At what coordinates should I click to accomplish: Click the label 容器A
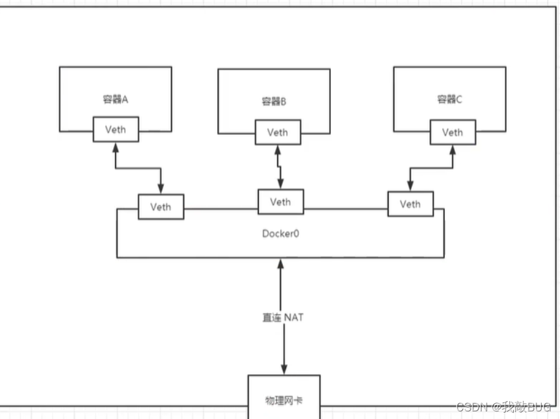coord(116,99)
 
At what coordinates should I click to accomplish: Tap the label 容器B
coord(274,101)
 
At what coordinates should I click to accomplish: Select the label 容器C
coord(450,99)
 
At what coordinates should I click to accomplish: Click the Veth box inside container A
coord(115,130)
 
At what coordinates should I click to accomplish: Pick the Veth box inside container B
coord(277,132)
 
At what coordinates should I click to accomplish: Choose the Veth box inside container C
coord(452,132)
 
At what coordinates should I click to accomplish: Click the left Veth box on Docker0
coord(161,206)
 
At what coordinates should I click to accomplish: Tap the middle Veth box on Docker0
coord(280,201)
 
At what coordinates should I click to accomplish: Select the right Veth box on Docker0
coord(410,204)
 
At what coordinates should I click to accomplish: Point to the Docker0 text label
coord(280,233)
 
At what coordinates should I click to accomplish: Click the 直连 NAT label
coord(283,317)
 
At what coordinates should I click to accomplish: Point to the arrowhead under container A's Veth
coord(115,147)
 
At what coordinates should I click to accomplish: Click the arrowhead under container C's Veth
coord(452,150)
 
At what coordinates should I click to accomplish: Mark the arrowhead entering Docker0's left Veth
coord(161,189)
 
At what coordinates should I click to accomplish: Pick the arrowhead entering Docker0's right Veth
coord(410,187)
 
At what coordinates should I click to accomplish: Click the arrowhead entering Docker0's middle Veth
coord(279,184)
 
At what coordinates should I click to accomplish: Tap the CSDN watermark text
coord(503,406)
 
